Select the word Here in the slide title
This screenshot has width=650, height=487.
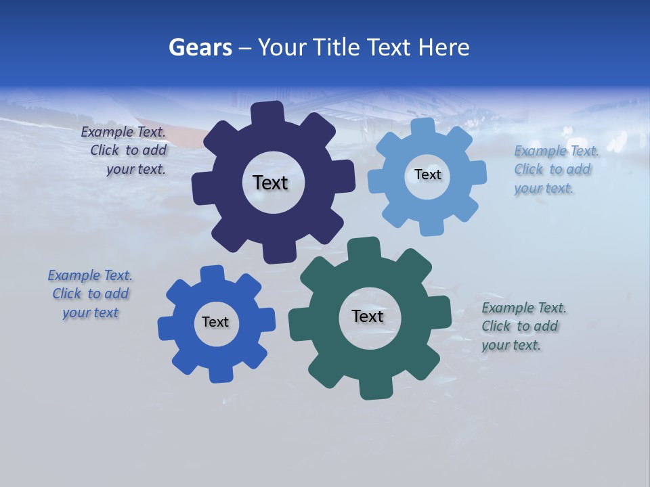[444, 47]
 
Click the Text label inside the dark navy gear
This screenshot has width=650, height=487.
[270, 183]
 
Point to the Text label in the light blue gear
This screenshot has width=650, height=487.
[427, 175]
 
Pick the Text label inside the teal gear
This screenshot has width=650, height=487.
[368, 316]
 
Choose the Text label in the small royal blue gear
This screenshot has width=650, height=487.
[215, 322]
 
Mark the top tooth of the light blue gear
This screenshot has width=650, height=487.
[423, 127]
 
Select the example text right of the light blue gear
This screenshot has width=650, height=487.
[556, 169]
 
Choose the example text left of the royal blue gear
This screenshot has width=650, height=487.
[90, 294]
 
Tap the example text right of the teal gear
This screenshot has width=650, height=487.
[523, 326]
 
